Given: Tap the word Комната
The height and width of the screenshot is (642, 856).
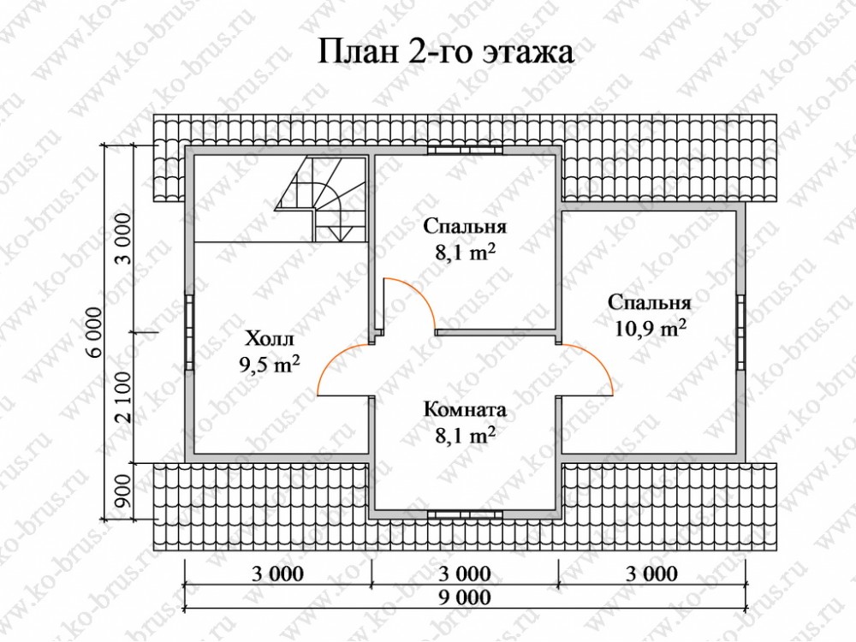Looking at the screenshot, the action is pyautogui.click(x=465, y=409).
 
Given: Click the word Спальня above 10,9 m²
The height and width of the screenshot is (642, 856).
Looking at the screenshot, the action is pyautogui.click(x=650, y=302).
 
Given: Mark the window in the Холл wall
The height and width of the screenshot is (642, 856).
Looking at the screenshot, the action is pyautogui.click(x=189, y=332).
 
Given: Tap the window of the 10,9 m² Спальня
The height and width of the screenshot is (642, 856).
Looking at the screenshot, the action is pyautogui.click(x=740, y=332).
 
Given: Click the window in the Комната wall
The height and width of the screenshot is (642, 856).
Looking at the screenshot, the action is pyautogui.click(x=465, y=514).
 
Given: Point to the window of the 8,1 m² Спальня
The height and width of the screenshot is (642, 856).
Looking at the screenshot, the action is pyautogui.click(x=465, y=151).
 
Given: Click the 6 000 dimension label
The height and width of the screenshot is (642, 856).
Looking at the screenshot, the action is pyautogui.click(x=94, y=332).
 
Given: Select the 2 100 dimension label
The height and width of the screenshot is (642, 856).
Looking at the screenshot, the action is pyautogui.click(x=123, y=397).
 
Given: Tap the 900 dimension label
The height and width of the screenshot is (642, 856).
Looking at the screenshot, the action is pyautogui.click(x=123, y=491).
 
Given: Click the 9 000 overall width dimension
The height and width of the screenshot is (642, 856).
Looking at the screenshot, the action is pyautogui.click(x=465, y=597).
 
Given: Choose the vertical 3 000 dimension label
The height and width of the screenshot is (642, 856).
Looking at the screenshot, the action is pyautogui.click(x=123, y=239).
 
